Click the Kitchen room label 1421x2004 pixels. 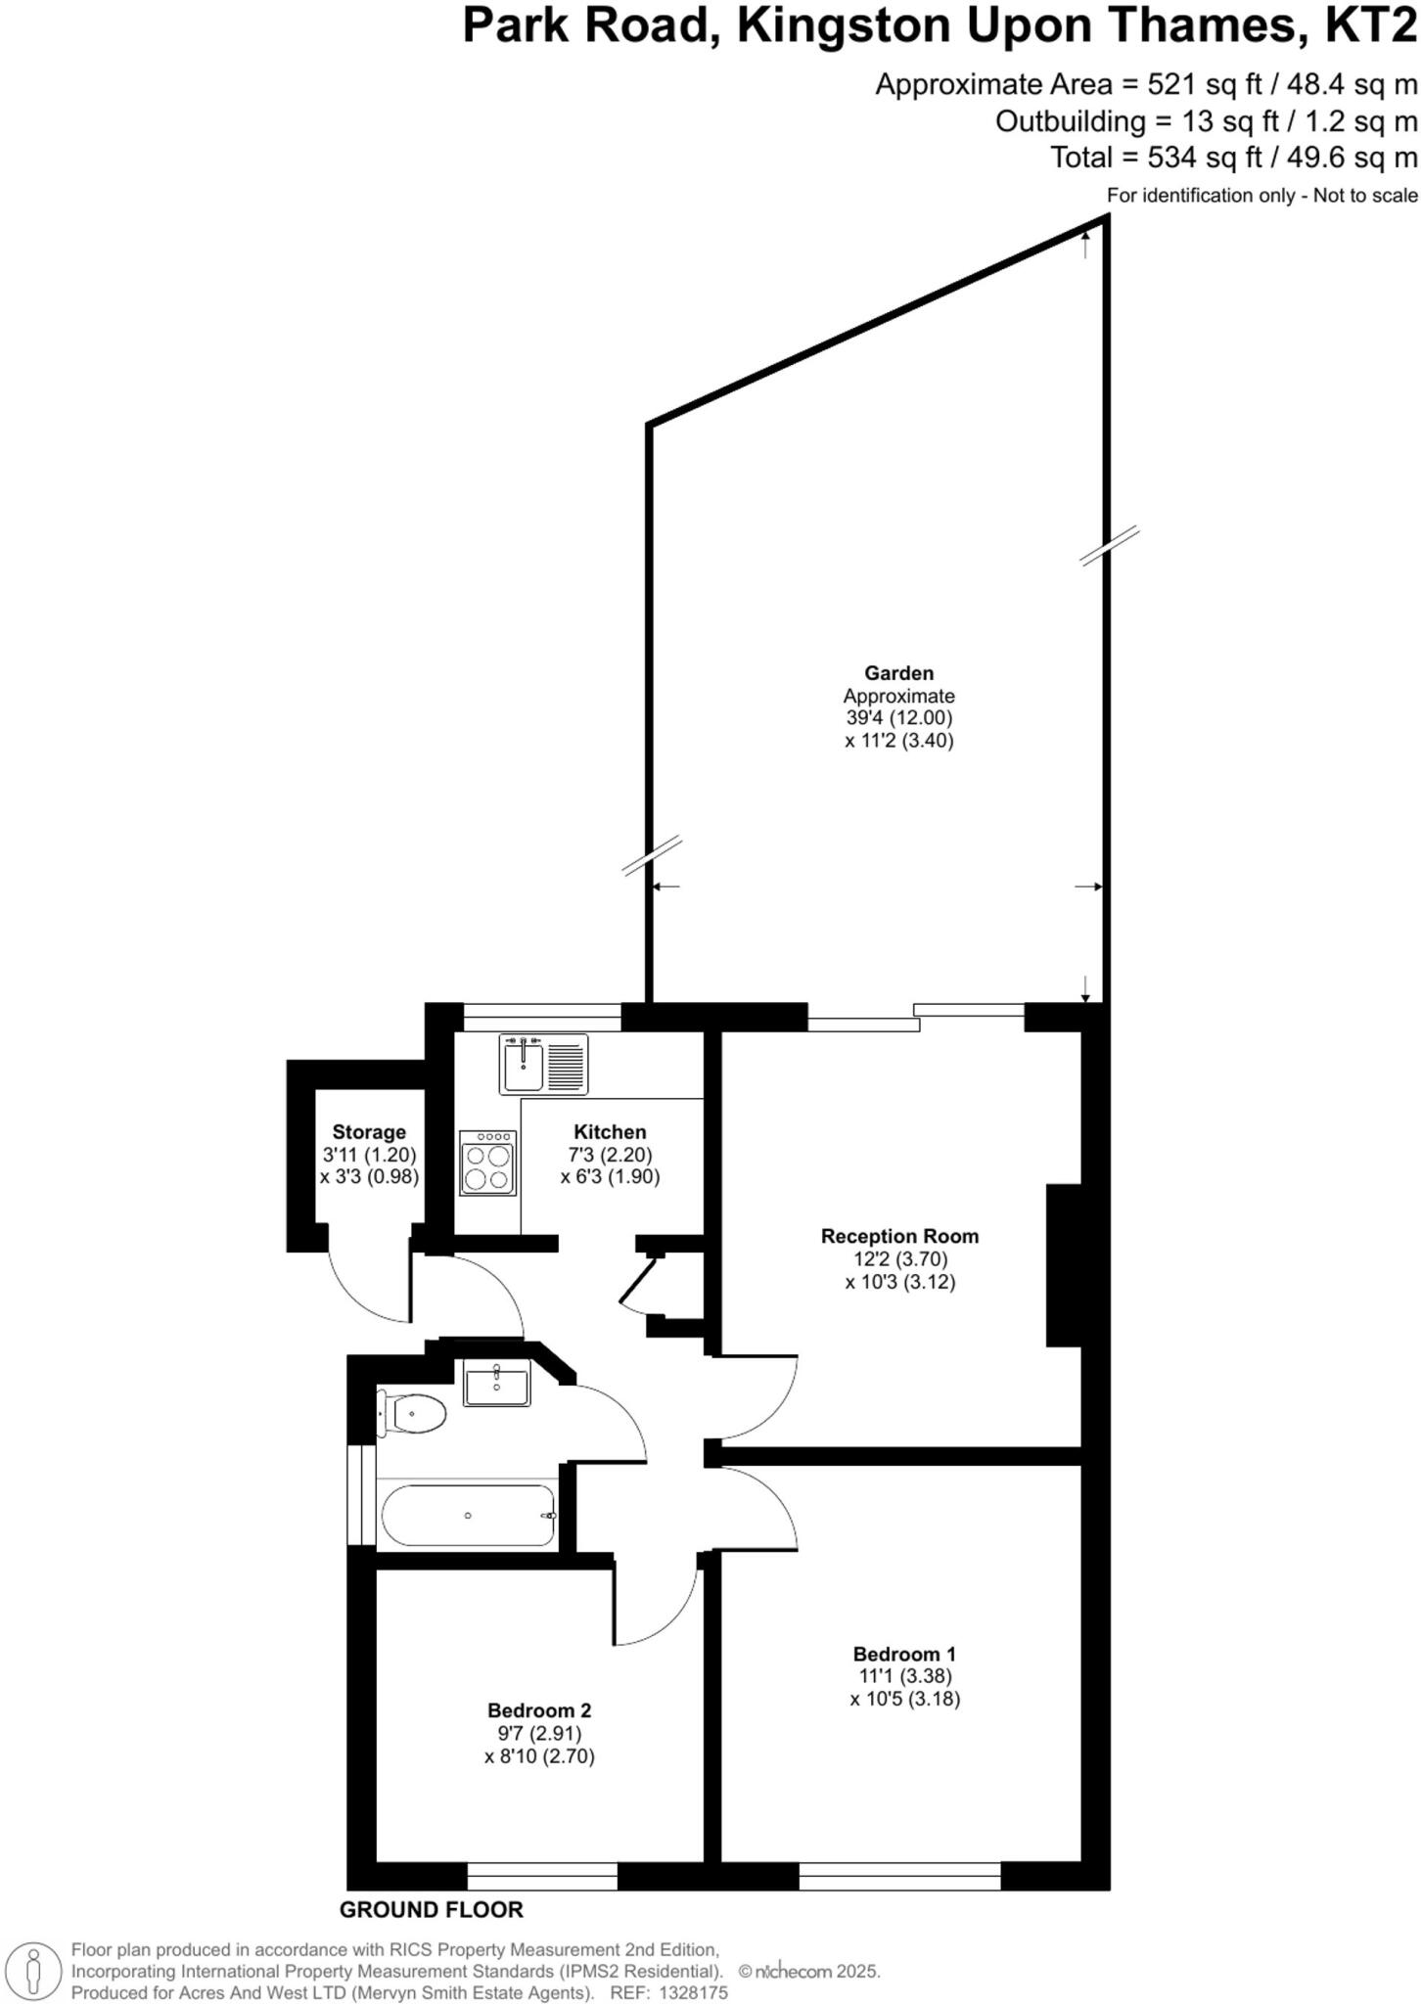pos(610,1132)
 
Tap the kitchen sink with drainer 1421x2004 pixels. pos(543,1064)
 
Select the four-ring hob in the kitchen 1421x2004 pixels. pos(488,1162)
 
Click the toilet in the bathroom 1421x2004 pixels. pos(412,1414)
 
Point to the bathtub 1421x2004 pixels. pos(468,1516)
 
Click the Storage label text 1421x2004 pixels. pos(369,1132)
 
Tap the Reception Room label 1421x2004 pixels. pos(899,1236)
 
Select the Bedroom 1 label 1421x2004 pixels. pos(904,1654)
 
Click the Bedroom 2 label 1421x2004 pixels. pos(539,1710)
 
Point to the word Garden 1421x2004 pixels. pos(898,673)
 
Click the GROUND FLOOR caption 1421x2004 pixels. pos(432,1909)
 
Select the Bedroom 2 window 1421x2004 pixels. pos(542,1876)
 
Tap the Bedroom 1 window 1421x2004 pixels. pos(899,1876)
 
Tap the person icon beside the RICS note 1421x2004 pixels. pos(35,1969)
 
